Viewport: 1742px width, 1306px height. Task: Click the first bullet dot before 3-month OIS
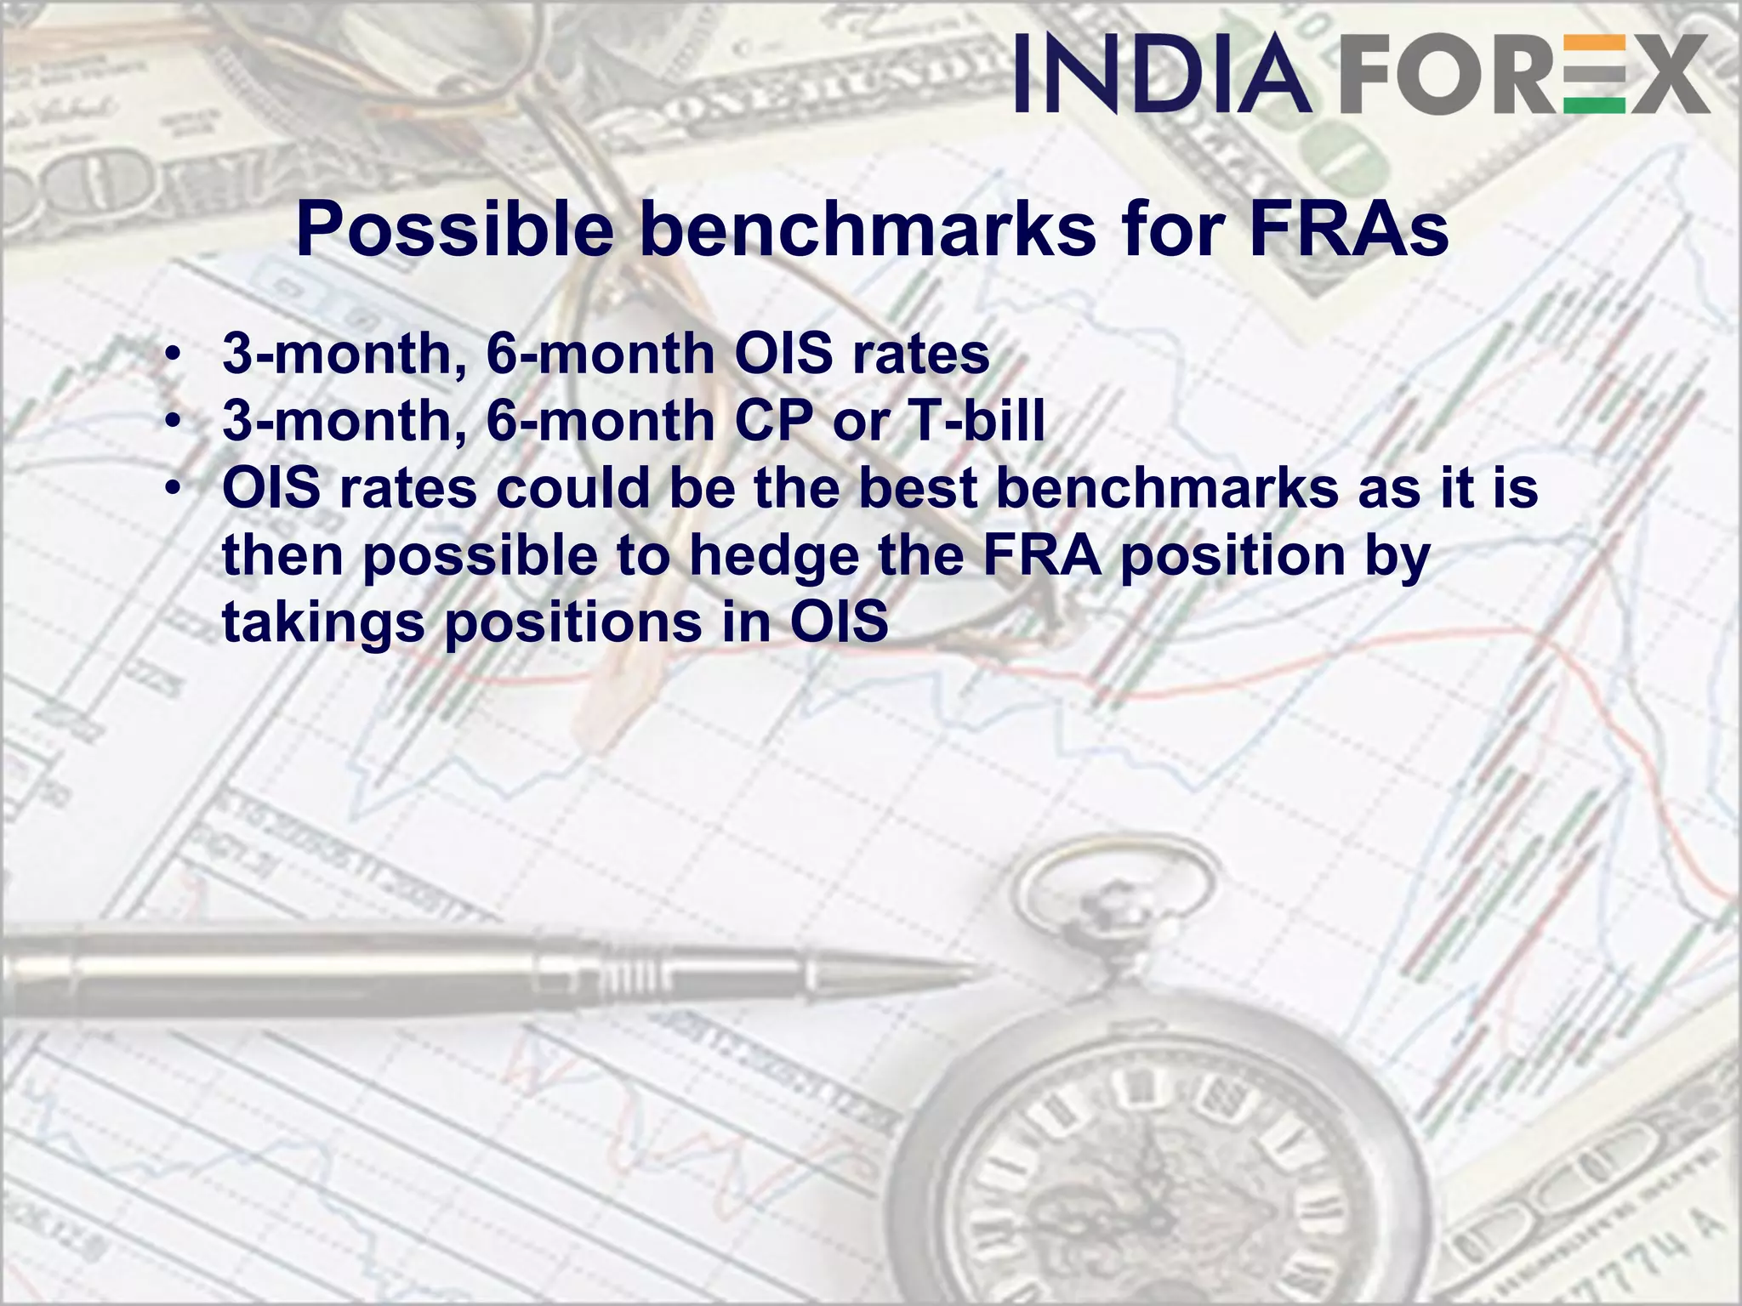174,354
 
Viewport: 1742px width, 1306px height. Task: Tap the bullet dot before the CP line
174,421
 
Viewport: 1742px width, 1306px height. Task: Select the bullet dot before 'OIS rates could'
174,489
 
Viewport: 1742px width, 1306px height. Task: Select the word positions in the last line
573,623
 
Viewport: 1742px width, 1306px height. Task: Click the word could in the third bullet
573,488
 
